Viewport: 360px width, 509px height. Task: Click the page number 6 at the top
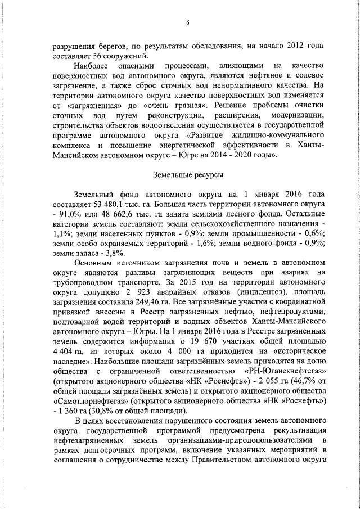tap(188, 22)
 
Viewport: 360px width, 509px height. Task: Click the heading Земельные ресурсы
tap(187, 175)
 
